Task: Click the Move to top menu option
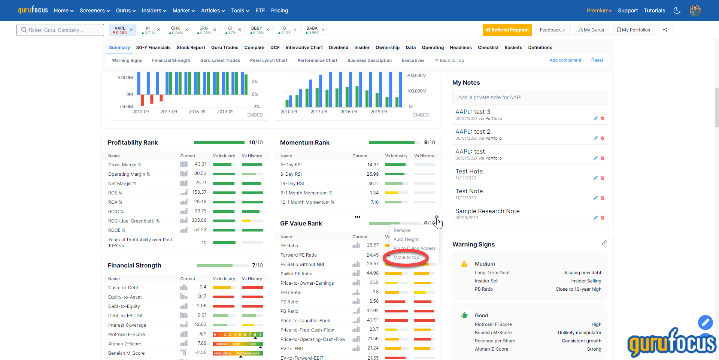(406, 257)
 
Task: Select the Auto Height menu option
(406, 239)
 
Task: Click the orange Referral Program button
(507, 30)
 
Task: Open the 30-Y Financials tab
(153, 48)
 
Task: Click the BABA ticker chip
(312, 30)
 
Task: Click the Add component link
(565, 60)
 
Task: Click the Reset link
(597, 60)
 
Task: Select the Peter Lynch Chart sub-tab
(269, 60)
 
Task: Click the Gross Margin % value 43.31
(200, 164)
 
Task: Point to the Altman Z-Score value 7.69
(202, 343)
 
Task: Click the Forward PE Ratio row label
(298, 255)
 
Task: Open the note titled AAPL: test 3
(473, 112)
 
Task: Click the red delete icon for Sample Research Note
(602, 218)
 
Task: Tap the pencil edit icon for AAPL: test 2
(595, 138)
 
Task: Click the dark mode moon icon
(677, 10)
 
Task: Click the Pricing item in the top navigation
(279, 10)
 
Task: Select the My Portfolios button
(633, 30)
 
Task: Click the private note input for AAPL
(530, 97)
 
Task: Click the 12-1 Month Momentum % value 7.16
(374, 202)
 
